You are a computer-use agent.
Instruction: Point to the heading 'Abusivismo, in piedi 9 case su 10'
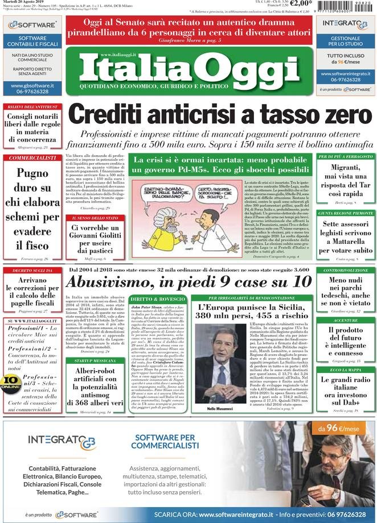[188, 281]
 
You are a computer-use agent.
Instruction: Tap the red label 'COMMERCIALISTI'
[32, 158]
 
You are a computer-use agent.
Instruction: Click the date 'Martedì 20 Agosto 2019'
[26, 3]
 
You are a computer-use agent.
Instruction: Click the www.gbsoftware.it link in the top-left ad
[32, 86]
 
